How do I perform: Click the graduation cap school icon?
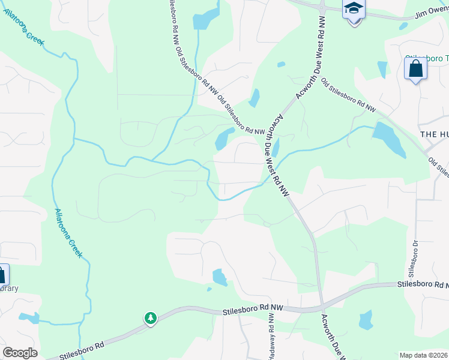click(354, 10)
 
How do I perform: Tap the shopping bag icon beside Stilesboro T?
click(415, 70)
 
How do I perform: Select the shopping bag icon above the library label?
click(2, 275)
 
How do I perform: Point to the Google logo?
click(19, 353)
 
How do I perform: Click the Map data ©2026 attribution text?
click(423, 355)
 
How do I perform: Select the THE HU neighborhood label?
click(434, 134)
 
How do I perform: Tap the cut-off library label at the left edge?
click(8, 288)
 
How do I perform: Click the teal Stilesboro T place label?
click(427, 59)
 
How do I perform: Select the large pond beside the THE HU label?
click(388, 139)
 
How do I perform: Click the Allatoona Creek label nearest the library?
click(68, 233)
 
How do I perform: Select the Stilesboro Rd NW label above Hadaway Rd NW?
click(252, 308)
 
